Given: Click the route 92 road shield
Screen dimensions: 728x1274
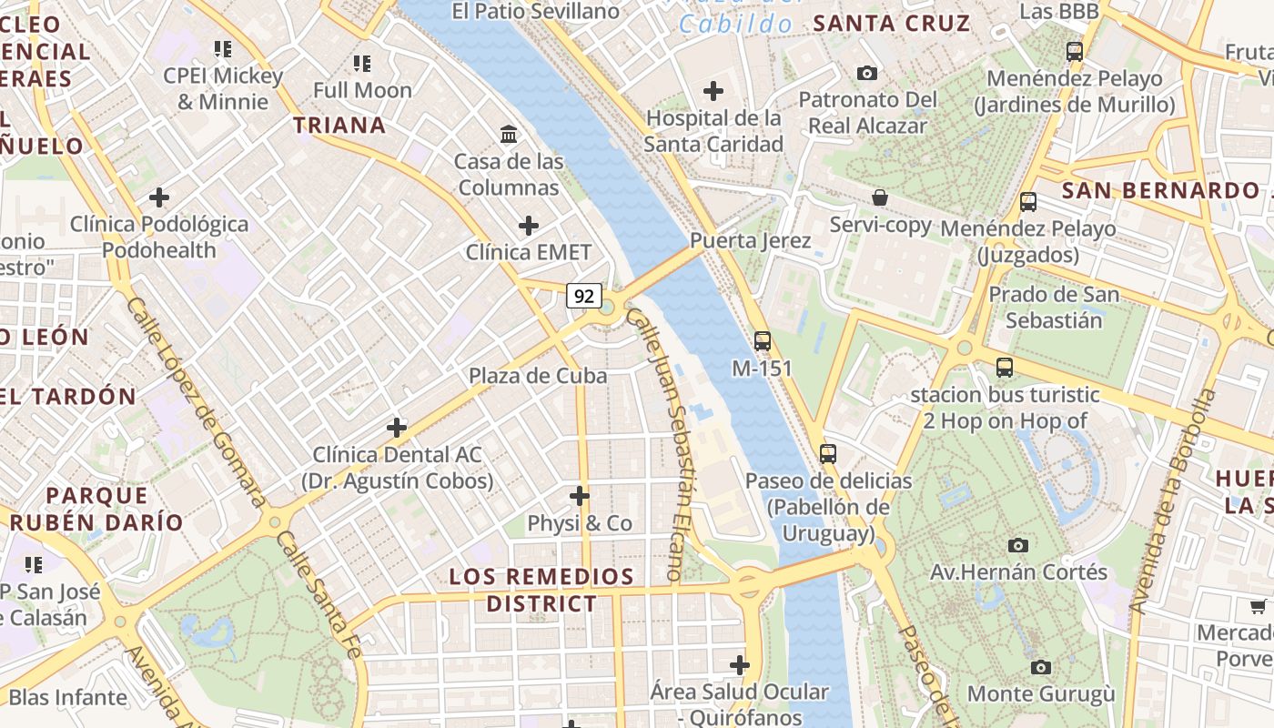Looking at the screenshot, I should pos(584,296).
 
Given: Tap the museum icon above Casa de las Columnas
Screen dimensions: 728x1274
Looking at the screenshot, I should pos(510,135).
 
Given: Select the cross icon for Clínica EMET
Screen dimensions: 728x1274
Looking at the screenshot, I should pos(528,226).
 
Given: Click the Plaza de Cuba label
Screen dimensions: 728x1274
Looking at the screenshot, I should pos(537,376).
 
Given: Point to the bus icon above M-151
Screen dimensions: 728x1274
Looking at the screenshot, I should pos(763,341).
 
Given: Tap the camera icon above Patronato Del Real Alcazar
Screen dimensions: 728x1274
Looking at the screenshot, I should pos(867,73).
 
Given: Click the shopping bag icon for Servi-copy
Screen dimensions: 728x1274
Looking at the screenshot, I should pos(880,197).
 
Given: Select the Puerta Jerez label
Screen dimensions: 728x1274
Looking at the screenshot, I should pos(750,241).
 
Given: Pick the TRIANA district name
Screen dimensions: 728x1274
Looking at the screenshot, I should pos(339,126).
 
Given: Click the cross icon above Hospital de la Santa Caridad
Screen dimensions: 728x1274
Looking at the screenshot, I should pos(713,91).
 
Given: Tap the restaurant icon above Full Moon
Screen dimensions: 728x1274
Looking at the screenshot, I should pos(362,64).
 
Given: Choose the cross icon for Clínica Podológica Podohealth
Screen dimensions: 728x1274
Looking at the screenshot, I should pos(159,197).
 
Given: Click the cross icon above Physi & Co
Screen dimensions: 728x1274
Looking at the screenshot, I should pos(580,496).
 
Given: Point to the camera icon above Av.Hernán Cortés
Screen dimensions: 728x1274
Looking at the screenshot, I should pos(1018,545).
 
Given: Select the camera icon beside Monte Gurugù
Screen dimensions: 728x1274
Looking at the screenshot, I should pos(1041,667).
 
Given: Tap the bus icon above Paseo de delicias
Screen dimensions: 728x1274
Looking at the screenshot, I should pos(828,453).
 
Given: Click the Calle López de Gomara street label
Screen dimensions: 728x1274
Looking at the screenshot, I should pos(195,400).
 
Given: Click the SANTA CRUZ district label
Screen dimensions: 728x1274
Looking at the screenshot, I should pos(891,24).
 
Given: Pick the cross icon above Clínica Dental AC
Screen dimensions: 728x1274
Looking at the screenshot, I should pos(397,427).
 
